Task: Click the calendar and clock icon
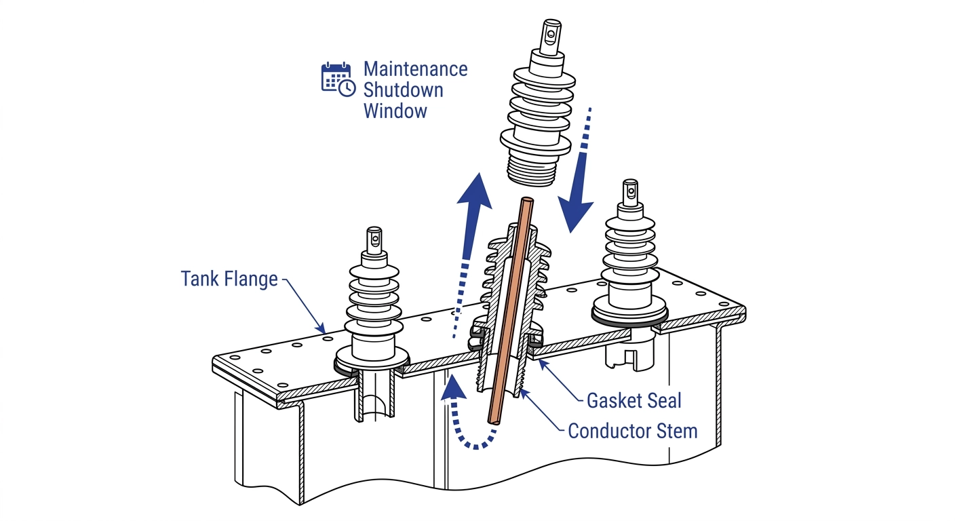coord(338,79)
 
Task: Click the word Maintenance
coord(415,69)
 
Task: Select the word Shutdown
coord(403,90)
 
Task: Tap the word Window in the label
coord(395,111)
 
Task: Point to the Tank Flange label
coord(229,279)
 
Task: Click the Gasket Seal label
coord(634,400)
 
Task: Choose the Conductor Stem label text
coord(633,431)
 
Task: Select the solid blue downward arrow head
coord(575,216)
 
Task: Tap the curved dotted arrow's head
coord(453,386)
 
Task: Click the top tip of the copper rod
coord(527,199)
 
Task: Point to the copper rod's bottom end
coord(494,421)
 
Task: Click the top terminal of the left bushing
coord(374,241)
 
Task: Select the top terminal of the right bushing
coord(630,193)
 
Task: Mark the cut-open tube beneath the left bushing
coord(375,394)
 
